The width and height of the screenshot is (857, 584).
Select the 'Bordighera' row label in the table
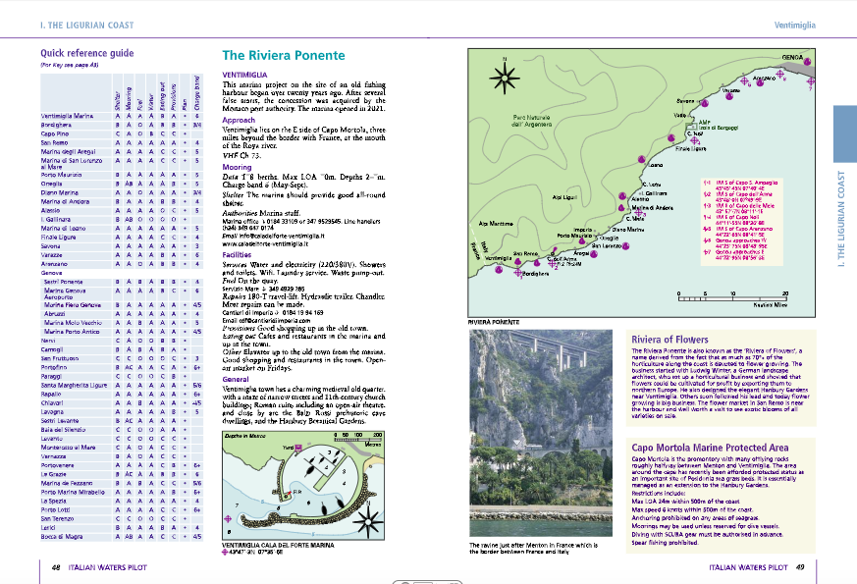click(x=61, y=126)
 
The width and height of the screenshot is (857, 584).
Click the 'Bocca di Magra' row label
click(x=65, y=538)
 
